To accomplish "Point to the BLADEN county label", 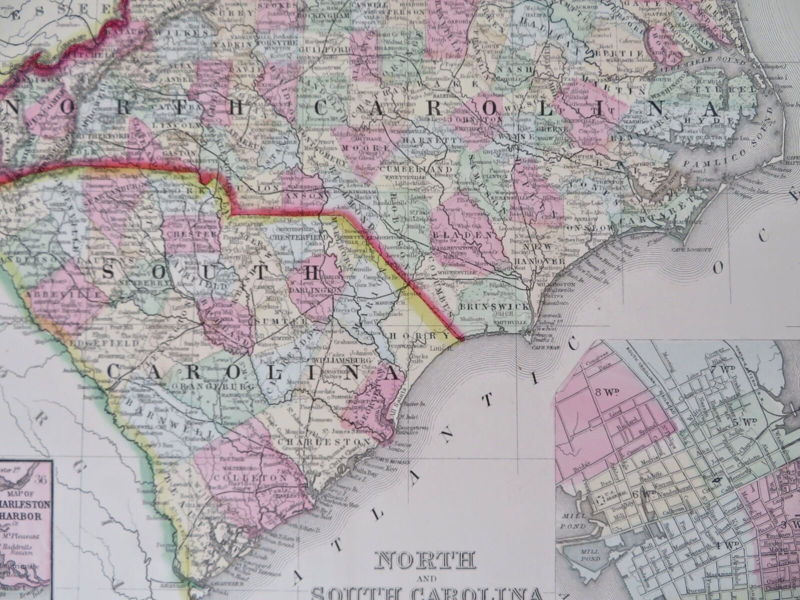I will [463, 234].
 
